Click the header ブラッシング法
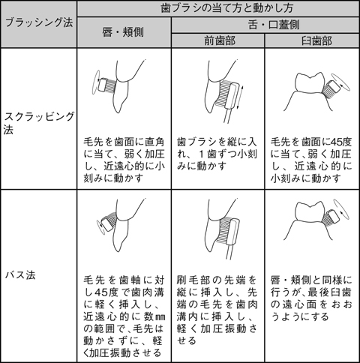pyautogui.click(x=38, y=23)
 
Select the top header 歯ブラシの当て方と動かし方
pyautogui.click(x=218, y=9)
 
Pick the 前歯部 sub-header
pyautogui.click(x=217, y=40)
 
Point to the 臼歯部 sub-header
pyautogui.click(x=310, y=40)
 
